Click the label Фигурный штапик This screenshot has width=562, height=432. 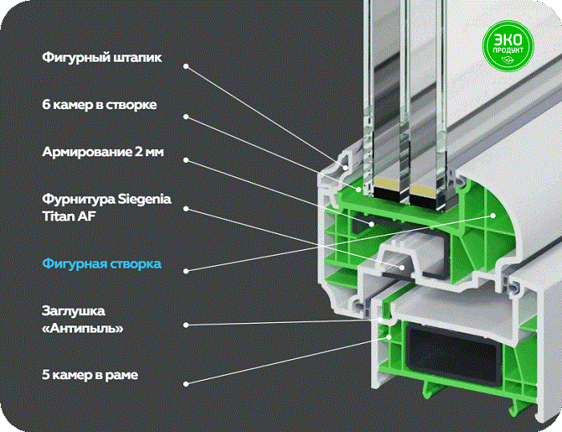tap(102, 58)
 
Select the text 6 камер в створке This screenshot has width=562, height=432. tap(99, 105)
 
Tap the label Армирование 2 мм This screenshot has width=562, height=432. tap(103, 151)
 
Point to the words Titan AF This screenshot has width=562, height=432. tap(69, 216)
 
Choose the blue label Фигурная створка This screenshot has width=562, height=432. tap(102, 264)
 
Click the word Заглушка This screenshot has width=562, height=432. tap(74, 310)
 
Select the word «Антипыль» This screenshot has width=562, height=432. tap(83, 328)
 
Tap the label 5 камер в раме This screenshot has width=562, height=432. tap(90, 375)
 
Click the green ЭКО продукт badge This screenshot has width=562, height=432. tap(507, 46)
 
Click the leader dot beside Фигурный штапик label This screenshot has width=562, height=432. tap(186, 67)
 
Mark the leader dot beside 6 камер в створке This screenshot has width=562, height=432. tap(186, 117)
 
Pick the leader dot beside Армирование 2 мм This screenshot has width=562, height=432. tap(186, 160)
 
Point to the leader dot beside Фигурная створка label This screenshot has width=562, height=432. tap(186, 271)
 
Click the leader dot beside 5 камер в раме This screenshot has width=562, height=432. tap(186, 384)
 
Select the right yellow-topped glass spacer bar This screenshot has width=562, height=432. tap(424, 195)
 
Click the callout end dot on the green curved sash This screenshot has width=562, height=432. tap(494, 216)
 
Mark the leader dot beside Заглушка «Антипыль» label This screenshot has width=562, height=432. tap(186, 325)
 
